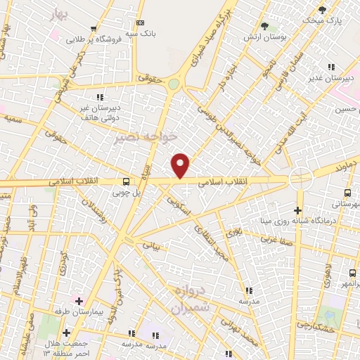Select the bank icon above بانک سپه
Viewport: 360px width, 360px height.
(x=141, y=23)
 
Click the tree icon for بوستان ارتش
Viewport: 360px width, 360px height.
(x=264, y=26)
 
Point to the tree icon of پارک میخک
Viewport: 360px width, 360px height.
(x=323, y=10)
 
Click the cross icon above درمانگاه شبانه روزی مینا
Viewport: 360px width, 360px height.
(x=298, y=210)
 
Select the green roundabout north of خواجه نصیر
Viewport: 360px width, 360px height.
(x=174, y=84)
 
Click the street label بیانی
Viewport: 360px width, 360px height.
(x=152, y=245)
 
